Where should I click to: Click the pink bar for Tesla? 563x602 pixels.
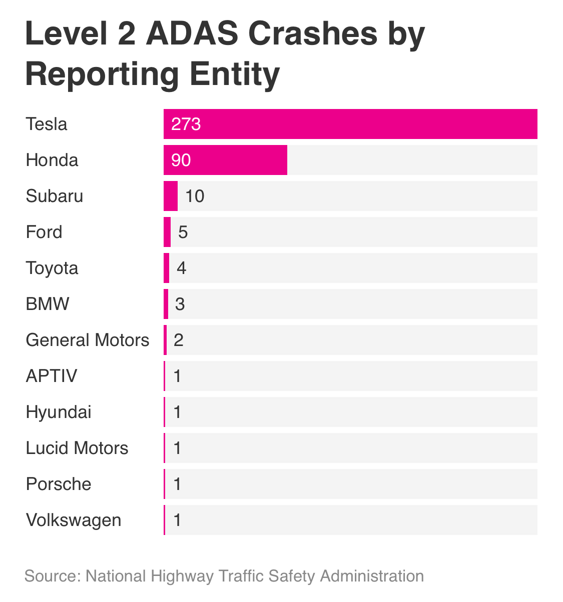[x=350, y=124]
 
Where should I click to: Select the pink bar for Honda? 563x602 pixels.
[x=225, y=160]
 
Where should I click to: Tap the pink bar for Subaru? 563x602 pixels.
[x=171, y=196]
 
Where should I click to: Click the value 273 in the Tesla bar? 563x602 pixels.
[x=186, y=124]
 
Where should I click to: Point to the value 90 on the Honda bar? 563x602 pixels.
[x=181, y=160]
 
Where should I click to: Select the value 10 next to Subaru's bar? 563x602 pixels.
[x=195, y=196]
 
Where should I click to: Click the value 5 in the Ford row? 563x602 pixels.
[x=183, y=232]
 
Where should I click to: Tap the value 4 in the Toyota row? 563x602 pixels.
[x=181, y=268]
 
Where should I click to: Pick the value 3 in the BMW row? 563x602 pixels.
[x=180, y=304]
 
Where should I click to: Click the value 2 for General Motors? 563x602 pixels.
[x=179, y=340]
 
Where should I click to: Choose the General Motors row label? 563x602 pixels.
[x=88, y=340]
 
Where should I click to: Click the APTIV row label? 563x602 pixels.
[x=52, y=376]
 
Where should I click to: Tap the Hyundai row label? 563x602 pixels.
[x=59, y=412]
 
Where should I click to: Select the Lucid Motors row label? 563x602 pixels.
[x=77, y=448]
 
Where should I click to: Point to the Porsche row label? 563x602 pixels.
[x=59, y=484]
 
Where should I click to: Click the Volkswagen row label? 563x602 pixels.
[x=74, y=520]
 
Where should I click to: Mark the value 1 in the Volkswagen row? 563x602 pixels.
[x=177, y=520]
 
